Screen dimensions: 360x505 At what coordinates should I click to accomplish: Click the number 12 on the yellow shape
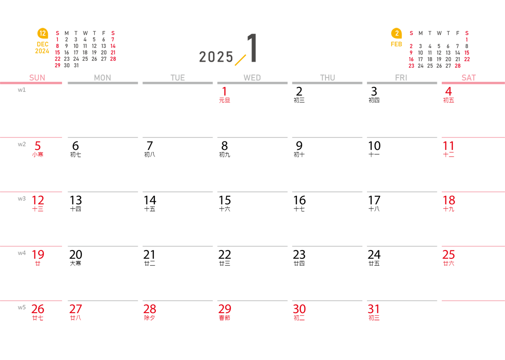(x=42, y=34)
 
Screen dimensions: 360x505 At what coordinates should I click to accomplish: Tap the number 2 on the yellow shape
(x=397, y=34)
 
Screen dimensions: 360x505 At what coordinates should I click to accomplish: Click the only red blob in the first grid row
(x=224, y=104)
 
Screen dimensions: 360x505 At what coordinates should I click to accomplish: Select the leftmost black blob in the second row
(x=77, y=158)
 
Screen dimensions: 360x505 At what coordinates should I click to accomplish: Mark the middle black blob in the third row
(x=225, y=212)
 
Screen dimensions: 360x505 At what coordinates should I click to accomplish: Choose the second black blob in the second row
(x=150, y=158)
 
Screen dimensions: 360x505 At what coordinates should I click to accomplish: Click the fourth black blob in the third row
(x=300, y=212)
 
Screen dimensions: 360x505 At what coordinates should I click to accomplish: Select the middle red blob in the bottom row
(x=224, y=313)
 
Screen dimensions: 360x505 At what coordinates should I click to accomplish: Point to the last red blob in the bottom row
(x=374, y=313)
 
